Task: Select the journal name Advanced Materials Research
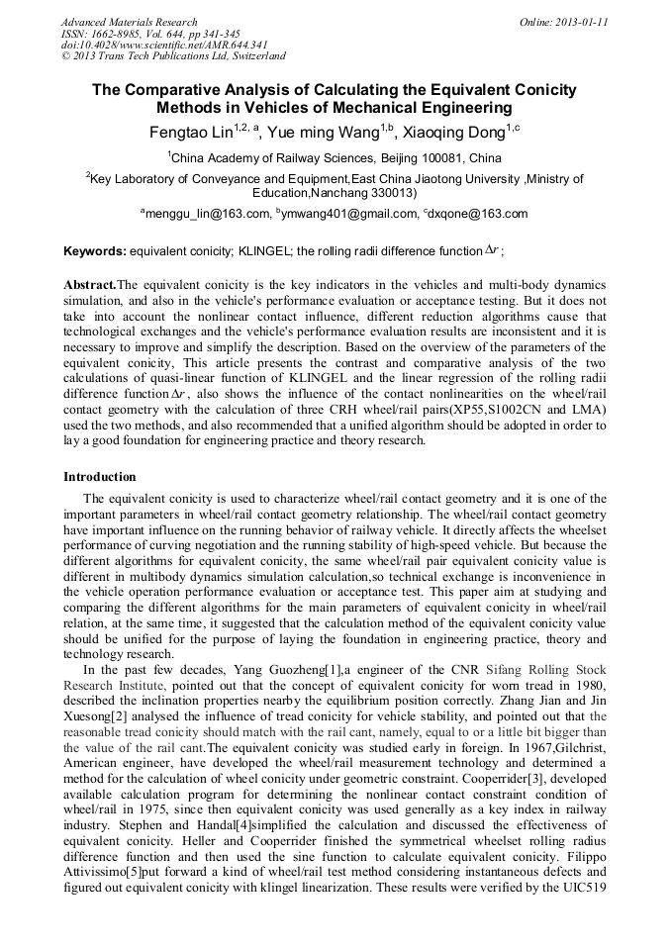pyautogui.click(x=129, y=22)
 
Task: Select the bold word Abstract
pyautogui.click(x=90, y=284)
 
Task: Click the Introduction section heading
pyautogui.click(x=100, y=476)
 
